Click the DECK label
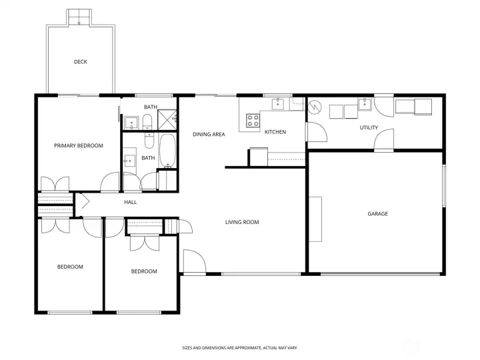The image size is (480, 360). (x=81, y=62)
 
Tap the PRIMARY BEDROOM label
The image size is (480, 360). (x=79, y=145)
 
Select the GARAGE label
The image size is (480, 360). (x=378, y=214)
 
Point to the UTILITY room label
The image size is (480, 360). (x=369, y=127)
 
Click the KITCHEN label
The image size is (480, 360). (x=275, y=132)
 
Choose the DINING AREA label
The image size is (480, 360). (x=209, y=134)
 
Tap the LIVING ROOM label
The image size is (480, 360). (x=242, y=222)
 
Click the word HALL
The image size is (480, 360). (x=131, y=202)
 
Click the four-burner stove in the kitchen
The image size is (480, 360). (x=253, y=120)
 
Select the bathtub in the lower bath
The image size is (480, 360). (x=167, y=151)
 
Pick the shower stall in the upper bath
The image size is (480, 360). (x=167, y=120)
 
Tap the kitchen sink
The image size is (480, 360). (x=278, y=104)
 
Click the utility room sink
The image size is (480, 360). (x=365, y=104)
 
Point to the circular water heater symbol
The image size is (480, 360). (x=315, y=107)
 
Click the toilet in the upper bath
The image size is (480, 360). (x=147, y=122)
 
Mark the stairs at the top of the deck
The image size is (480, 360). (x=79, y=17)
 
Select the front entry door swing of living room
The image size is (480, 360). (x=195, y=261)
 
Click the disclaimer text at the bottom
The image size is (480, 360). (x=240, y=348)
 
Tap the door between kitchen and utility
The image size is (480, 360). (x=317, y=132)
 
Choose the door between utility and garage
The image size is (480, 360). (x=384, y=139)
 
